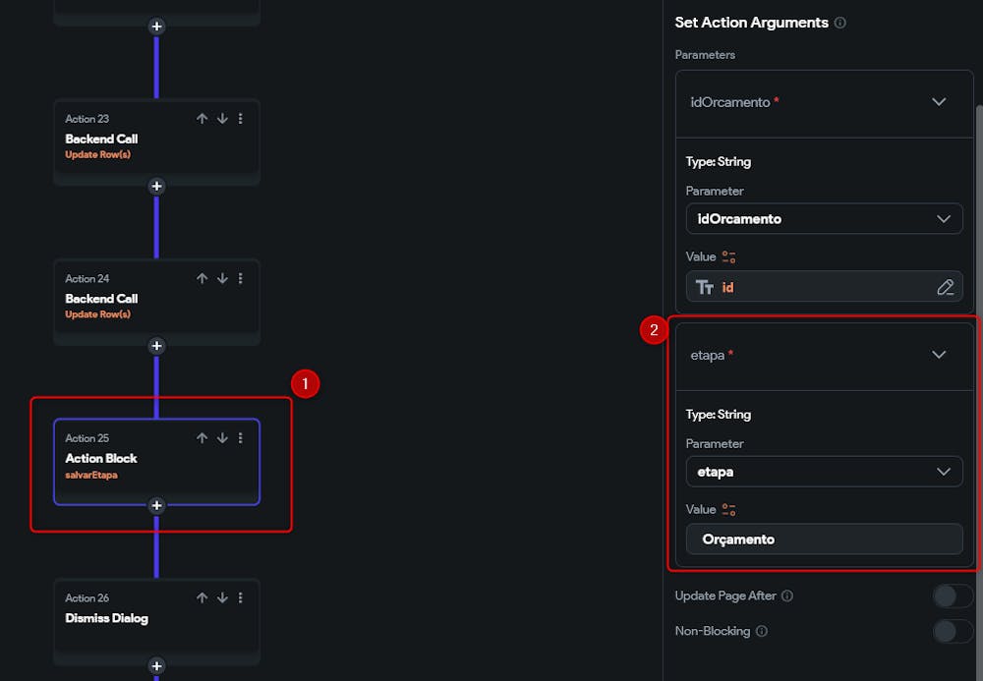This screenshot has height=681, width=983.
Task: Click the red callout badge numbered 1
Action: coord(305,384)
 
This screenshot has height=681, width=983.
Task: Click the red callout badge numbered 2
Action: coord(654,330)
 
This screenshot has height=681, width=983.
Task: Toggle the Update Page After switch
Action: coord(952,596)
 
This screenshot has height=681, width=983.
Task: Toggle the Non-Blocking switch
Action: coord(952,631)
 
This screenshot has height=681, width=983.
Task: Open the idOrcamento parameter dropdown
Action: coord(824,219)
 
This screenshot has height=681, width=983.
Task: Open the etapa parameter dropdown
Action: coord(824,472)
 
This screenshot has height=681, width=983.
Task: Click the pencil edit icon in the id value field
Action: coord(945,287)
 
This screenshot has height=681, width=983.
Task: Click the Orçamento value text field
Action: coord(824,539)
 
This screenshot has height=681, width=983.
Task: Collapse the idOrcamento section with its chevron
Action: coord(939,102)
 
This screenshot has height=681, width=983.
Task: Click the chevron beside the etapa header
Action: coord(939,355)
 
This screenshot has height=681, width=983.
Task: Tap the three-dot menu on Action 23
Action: coord(241,119)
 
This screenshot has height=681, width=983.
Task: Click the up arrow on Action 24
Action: coord(202,279)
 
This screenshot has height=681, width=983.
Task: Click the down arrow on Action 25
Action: coord(222,438)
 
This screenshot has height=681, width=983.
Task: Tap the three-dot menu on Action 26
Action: coord(241,598)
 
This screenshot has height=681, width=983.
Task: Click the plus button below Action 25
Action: coord(156,506)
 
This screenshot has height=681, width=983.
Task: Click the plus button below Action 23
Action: coord(156,187)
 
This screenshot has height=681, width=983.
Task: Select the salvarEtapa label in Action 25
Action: coord(91,476)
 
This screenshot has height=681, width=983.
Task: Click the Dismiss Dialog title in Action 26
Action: coord(106,618)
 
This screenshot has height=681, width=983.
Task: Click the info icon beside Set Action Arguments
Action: coord(839,23)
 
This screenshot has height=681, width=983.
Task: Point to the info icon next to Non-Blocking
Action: coord(761,631)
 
